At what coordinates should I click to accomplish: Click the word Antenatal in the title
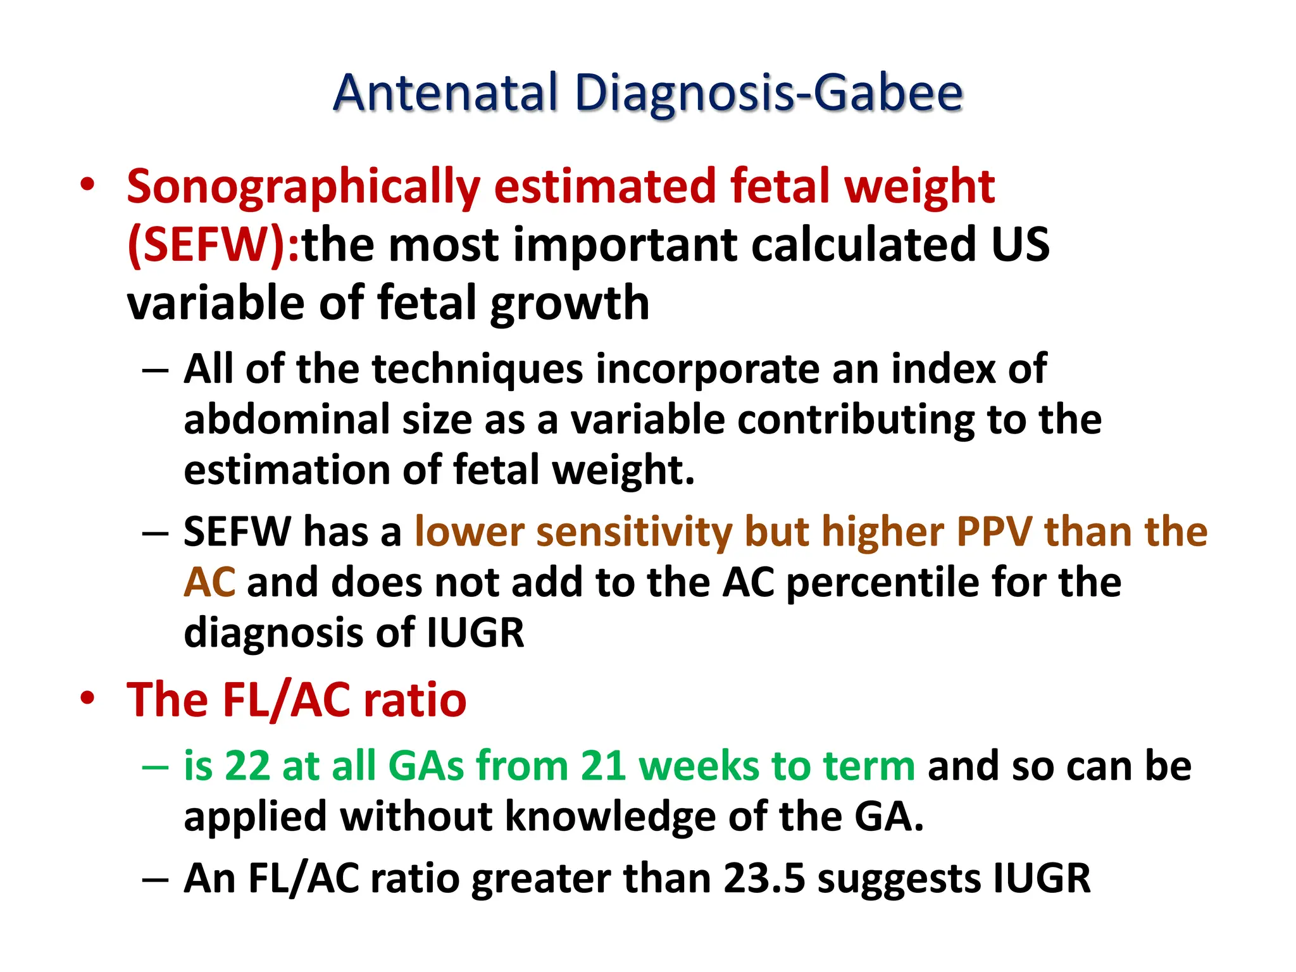click(x=445, y=94)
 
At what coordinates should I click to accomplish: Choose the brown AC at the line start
click(x=209, y=582)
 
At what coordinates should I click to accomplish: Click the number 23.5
click(x=765, y=879)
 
